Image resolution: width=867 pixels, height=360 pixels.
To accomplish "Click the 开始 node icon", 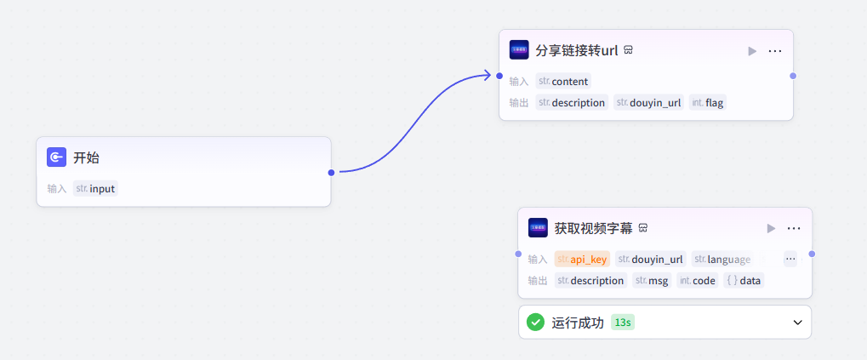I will [x=56, y=157].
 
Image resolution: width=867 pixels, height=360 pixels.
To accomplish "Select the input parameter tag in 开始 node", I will [x=95, y=189].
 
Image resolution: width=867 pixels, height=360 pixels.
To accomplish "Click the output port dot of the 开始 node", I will [x=331, y=172].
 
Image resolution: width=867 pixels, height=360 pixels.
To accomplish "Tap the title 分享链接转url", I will [x=576, y=50].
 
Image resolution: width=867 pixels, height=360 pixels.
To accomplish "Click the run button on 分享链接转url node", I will [x=752, y=51].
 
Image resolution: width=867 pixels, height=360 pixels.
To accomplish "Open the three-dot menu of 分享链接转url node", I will [x=775, y=51].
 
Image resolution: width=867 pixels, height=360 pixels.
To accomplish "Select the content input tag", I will [x=562, y=82].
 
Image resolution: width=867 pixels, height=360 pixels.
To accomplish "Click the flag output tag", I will [x=708, y=103].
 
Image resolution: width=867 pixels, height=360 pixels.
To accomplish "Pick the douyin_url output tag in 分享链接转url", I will [x=647, y=103].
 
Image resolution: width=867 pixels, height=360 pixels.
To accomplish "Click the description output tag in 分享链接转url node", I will [x=571, y=103].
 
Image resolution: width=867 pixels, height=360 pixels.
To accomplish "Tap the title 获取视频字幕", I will [x=593, y=228].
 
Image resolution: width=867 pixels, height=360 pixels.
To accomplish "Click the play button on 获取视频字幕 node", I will [x=771, y=228].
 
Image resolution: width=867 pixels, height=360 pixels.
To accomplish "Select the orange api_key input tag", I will [x=582, y=260].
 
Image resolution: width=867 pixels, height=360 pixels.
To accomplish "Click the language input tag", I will [x=722, y=260].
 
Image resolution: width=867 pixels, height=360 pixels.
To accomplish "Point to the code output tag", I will [x=697, y=281].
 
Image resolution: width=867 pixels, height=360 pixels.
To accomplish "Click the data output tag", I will [x=744, y=281].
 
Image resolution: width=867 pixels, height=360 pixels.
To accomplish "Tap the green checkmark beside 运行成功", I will [x=535, y=323].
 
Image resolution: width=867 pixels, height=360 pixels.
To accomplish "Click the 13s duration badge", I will [x=623, y=323].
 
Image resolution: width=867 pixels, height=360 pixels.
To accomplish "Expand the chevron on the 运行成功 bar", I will [x=797, y=323].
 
